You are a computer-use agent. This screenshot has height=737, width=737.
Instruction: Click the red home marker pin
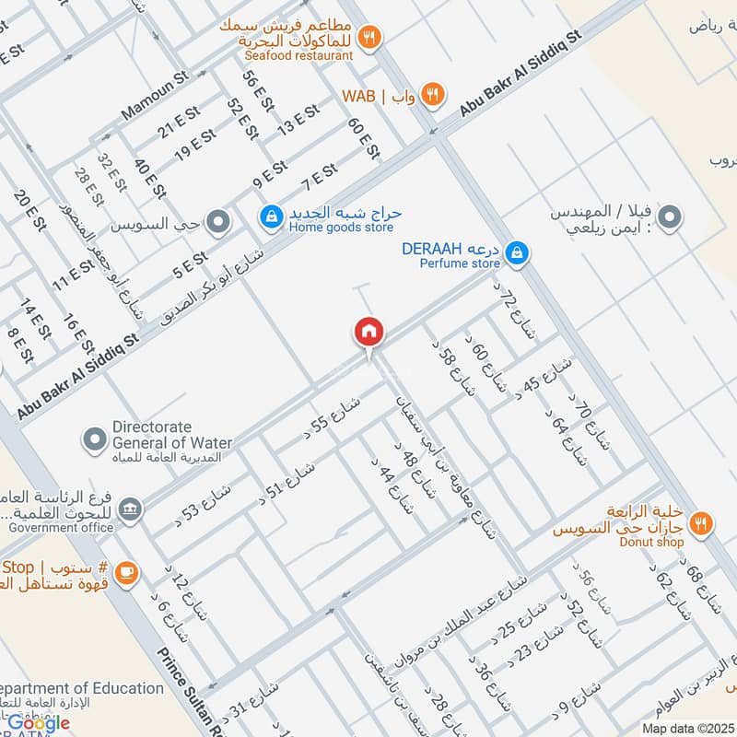click(x=368, y=333)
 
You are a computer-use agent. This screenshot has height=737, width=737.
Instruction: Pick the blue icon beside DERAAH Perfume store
click(x=518, y=252)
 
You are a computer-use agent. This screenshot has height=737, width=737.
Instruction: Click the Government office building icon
click(x=132, y=509)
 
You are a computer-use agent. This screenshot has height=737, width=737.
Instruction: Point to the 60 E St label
click(x=363, y=138)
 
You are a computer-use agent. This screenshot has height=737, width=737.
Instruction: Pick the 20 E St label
click(x=29, y=210)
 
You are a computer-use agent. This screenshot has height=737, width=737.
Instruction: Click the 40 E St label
click(x=148, y=179)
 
